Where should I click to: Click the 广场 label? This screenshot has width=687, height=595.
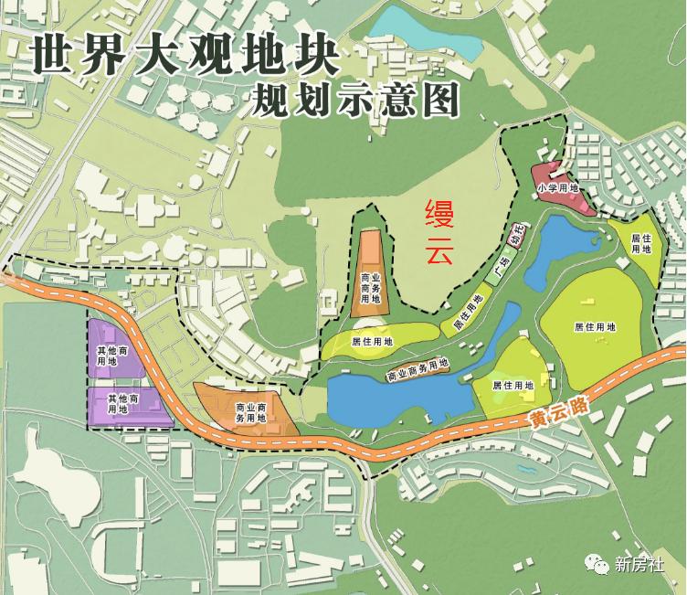coord(500,271)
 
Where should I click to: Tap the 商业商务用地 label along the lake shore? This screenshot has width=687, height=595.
coord(417,369)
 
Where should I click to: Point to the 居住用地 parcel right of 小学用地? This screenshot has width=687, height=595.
coord(641,242)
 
